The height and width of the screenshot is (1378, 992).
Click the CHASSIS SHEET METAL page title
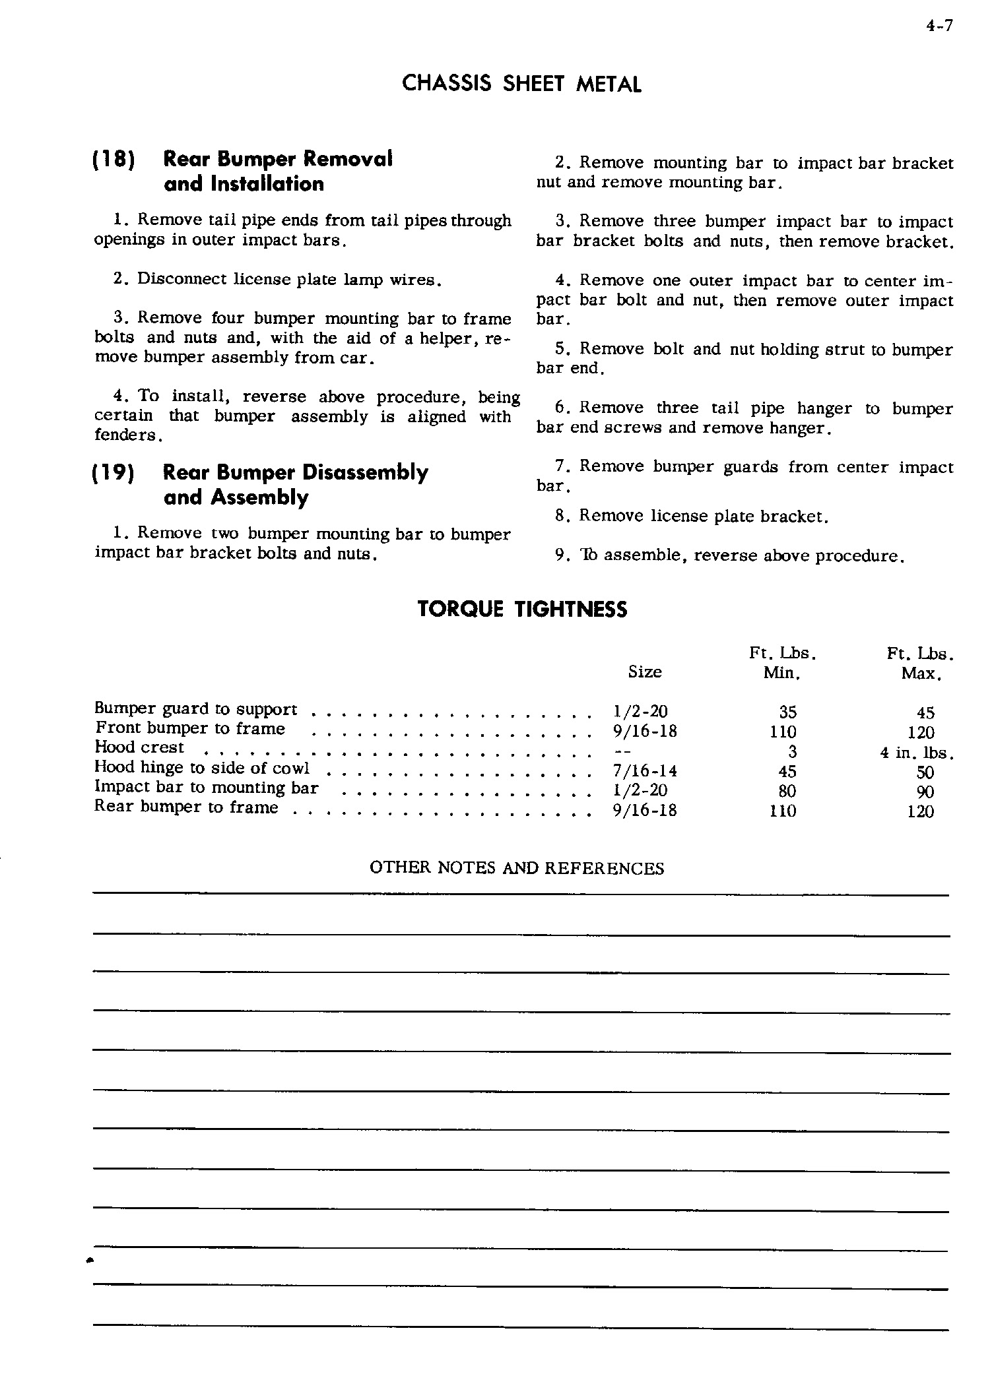tap(521, 84)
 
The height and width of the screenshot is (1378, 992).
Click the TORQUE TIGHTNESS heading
tap(522, 609)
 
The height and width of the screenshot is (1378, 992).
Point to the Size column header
tap(645, 672)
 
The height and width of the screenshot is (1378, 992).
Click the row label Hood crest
tap(140, 747)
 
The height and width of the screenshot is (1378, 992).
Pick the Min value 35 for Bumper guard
tap(787, 712)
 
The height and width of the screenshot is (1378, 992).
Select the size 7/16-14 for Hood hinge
tap(645, 771)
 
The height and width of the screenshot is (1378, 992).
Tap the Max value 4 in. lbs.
tap(918, 753)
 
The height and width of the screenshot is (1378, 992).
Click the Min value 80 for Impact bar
tap(787, 791)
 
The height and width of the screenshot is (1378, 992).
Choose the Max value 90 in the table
tap(925, 792)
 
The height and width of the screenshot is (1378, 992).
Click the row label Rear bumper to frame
tap(187, 807)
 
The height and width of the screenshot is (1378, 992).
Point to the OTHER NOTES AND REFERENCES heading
tap(517, 868)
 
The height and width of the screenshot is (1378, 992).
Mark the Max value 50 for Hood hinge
tap(925, 772)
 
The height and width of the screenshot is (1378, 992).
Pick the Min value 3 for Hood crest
tap(792, 752)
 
